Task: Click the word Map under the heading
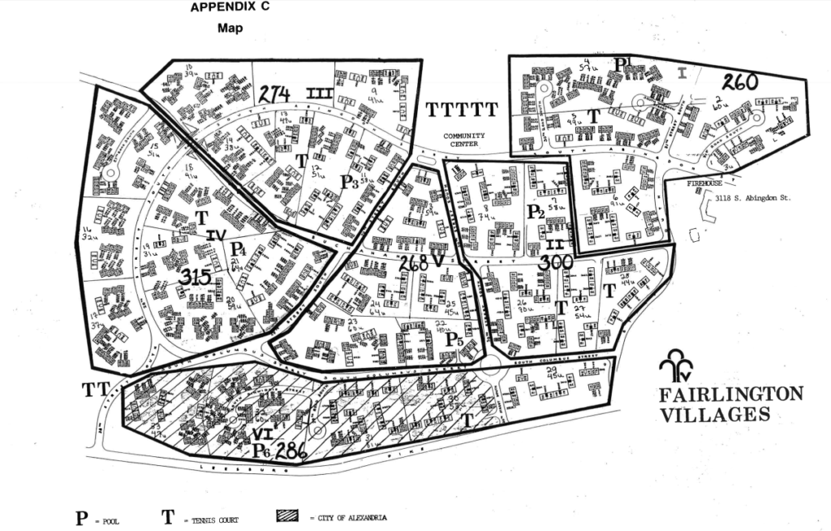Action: point(230,28)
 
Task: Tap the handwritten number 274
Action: point(274,94)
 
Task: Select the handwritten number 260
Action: point(739,81)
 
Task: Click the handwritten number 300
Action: point(557,261)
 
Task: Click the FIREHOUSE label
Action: point(688,184)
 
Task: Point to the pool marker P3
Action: point(350,183)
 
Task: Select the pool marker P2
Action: point(535,212)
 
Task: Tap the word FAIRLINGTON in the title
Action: point(730,395)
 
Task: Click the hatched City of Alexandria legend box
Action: point(288,516)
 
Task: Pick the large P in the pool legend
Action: point(81,518)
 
